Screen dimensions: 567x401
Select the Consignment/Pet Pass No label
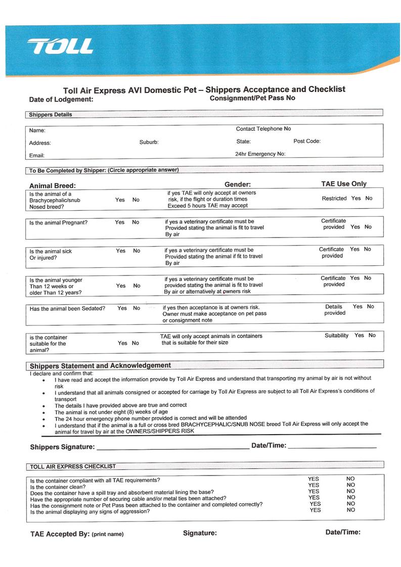[252, 98]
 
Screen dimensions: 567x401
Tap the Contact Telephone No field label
[263, 129]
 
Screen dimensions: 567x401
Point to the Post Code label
[307, 141]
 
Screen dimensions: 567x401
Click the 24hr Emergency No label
[260, 154]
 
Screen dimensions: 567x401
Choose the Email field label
[37, 155]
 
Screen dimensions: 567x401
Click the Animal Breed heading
[52, 185]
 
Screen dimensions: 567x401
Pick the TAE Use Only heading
[344, 184]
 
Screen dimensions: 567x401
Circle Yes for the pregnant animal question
[120, 222]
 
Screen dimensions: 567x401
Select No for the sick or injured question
[137, 251]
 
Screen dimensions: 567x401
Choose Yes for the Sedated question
[122, 308]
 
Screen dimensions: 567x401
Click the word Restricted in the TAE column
[334, 199]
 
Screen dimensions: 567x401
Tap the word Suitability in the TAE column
[336, 336]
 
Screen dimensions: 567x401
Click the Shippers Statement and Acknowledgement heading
[100, 365]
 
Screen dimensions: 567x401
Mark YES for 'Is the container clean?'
[314, 485]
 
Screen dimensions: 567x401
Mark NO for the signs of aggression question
[351, 510]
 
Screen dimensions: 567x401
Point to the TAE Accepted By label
[60, 534]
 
